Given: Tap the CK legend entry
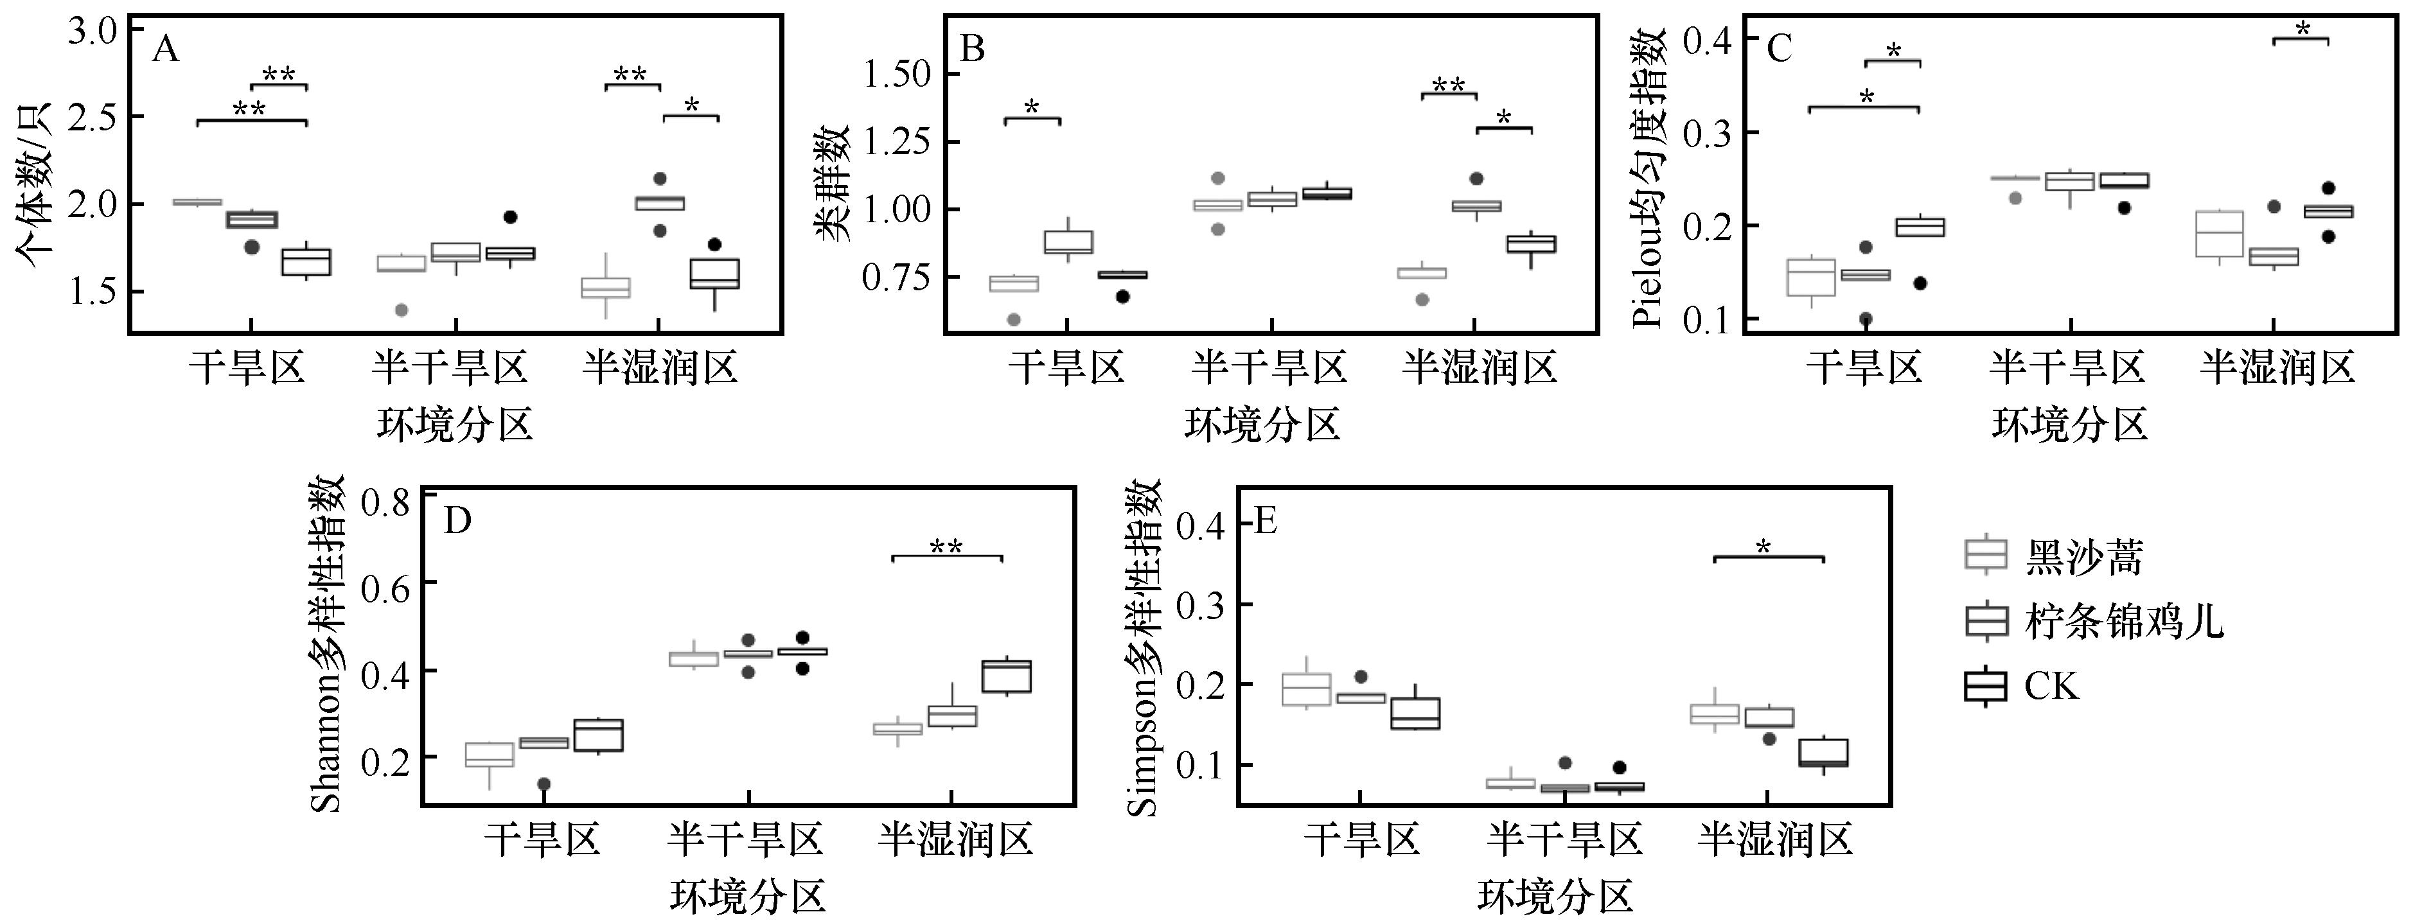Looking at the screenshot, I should [x=2051, y=686].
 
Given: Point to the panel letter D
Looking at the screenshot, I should [x=457, y=521].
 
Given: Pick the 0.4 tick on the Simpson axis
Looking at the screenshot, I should [x=1202, y=525].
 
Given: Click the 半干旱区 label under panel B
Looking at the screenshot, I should [x=1269, y=367].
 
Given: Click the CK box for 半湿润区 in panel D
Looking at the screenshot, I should [x=1006, y=676].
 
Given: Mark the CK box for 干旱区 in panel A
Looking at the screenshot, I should [x=306, y=261].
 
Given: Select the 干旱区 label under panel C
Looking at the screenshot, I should [x=1864, y=367].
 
